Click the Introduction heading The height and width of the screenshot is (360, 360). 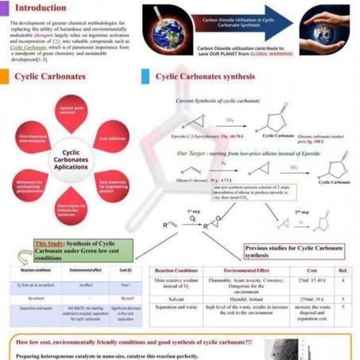tap(40, 8)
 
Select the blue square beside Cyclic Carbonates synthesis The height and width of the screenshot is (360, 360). tap(145, 76)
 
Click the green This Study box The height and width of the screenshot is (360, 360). tap(84, 251)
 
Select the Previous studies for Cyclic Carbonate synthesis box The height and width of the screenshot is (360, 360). tap(294, 252)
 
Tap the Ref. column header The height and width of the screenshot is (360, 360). tap(343, 271)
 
